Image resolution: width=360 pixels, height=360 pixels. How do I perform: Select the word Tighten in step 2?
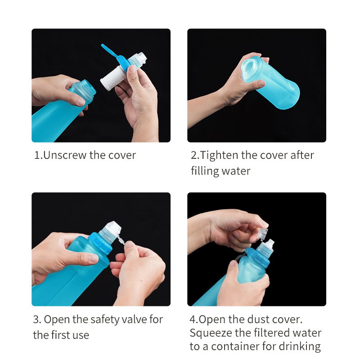tap(219, 156)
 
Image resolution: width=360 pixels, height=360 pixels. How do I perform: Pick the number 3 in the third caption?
tap(36, 320)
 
